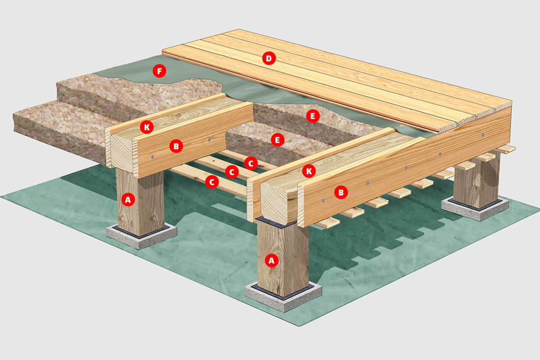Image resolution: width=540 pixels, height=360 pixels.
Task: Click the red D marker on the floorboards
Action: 269,58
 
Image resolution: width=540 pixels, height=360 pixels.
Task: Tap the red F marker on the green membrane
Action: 159,71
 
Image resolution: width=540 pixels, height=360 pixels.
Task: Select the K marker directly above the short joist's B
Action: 147,127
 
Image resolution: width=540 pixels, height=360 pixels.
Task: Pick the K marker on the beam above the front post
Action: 309,171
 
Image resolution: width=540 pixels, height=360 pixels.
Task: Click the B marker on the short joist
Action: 176,146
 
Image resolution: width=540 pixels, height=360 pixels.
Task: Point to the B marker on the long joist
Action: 341,193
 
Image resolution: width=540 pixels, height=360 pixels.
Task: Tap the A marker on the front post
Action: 272,261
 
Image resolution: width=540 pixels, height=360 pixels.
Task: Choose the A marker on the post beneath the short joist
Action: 128,200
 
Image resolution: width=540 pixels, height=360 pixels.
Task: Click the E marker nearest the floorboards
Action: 313,116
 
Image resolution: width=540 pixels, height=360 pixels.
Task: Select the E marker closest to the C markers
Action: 278,140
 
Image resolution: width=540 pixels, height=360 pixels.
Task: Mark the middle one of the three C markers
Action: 232,172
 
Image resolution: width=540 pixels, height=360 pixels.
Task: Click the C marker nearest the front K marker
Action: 251,163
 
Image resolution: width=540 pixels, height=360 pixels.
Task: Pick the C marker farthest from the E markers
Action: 212,182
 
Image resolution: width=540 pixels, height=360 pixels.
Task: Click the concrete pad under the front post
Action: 283,298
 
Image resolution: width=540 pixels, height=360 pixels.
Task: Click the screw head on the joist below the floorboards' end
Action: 482,135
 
